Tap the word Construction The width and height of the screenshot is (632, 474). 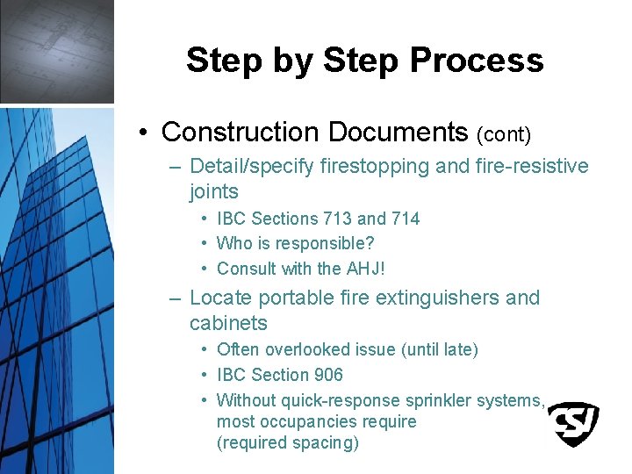tap(241, 132)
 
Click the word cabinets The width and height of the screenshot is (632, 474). tap(228, 323)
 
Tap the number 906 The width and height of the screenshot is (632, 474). tap(327, 375)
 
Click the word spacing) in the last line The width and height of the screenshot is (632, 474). tap(327, 443)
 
